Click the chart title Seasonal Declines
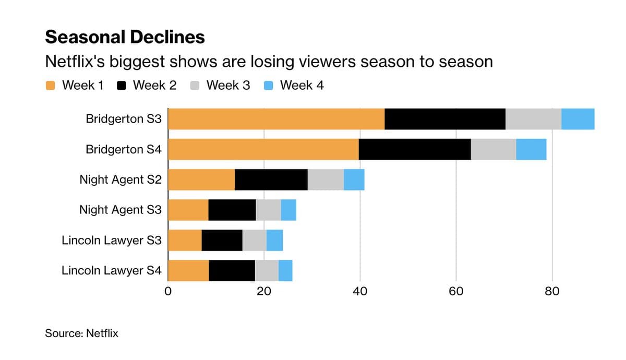(x=125, y=37)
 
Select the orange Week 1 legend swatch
(x=51, y=86)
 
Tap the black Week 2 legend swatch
(x=122, y=86)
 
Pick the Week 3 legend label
(x=228, y=86)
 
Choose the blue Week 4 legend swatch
(x=269, y=86)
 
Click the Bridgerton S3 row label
(x=124, y=119)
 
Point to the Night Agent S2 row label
(x=121, y=180)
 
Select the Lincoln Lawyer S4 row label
(x=112, y=271)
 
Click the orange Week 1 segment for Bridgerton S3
(x=276, y=119)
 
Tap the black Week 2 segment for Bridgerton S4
(x=415, y=150)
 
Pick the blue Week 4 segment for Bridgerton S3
(x=577, y=119)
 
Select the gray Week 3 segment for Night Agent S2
(x=326, y=180)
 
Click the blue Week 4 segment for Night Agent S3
(x=288, y=210)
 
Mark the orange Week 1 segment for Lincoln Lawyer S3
(x=185, y=240)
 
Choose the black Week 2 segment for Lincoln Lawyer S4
(x=232, y=271)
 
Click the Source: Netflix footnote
(x=81, y=333)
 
